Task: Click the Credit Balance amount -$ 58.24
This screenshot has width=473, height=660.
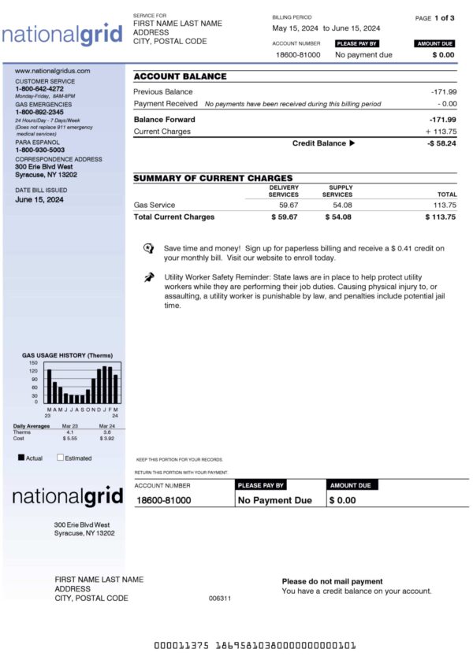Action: pyautogui.click(x=441, y=143)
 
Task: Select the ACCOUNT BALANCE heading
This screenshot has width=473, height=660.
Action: pyautogui.click(x=180, y=76)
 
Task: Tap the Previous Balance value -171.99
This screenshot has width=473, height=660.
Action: pyautogui.click(x=444, y=92)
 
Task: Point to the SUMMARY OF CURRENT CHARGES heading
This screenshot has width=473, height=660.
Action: pyautogui.click(x=213, y=178)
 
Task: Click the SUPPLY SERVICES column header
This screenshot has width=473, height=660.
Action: pyautogui.click(x=337, y=191)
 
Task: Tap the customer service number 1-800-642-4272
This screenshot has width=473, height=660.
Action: pyautogui.click(x=39, y=89)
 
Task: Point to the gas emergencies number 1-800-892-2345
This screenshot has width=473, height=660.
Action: pyautogui.click(x=39, y=112)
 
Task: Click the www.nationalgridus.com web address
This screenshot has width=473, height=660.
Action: pyautogui.click(x=53, y=71)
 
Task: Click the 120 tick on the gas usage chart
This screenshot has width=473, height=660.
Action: pyautogui.click(x=33, y=371)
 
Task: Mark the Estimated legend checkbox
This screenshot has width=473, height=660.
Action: pyautogui.click(x=60, y=457)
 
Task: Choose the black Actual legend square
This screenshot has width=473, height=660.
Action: pyautogui.click(x=21, y=457)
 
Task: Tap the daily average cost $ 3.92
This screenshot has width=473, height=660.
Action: pyautogui.click(x=106, y=438)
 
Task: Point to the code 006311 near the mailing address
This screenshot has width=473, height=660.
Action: pyautogui.click(x=220, y=599)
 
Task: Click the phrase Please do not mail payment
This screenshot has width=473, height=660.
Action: pyautogui.click(x=332, y=581)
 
